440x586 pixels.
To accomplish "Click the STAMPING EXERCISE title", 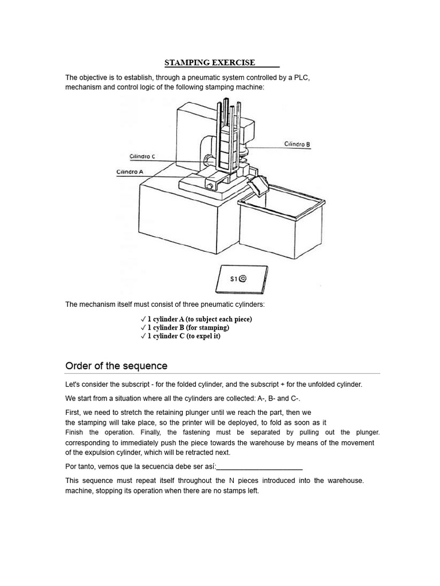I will (209, 62).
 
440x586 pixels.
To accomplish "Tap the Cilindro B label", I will (297, 145).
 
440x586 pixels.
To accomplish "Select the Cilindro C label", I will (142, 156).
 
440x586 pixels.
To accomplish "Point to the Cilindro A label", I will (130, 172).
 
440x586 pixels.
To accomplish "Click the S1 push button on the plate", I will (243, 279).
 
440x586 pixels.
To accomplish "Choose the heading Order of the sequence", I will (116, 366).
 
